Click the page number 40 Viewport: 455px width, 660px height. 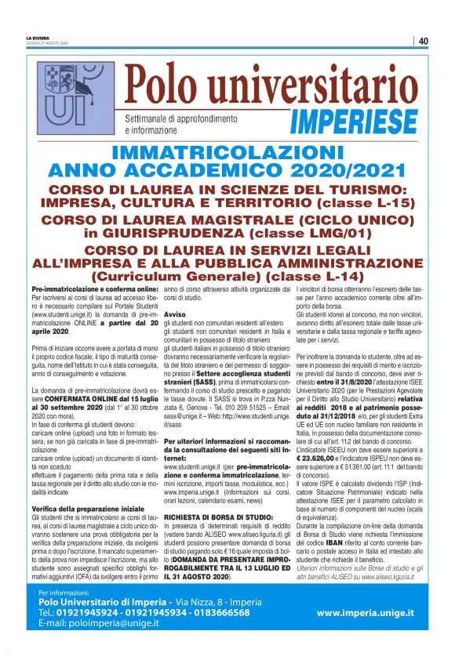click(x=423, y=41)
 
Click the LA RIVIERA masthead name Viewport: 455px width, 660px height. click(x=38, y=38)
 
